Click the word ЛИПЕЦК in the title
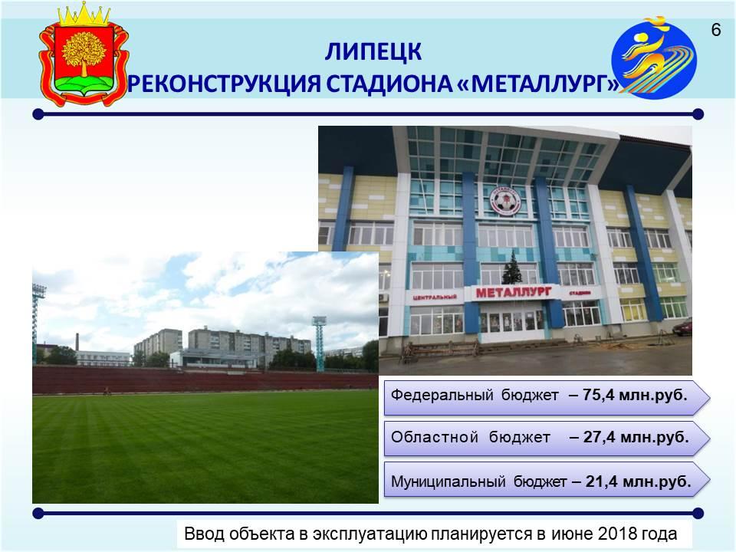373,51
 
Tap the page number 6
716,30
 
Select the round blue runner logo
654,58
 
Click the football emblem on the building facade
505,201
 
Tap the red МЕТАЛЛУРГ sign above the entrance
514,292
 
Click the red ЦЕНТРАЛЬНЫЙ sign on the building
435,297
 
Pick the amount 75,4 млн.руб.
635,396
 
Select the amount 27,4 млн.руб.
636,438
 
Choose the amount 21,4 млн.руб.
639,481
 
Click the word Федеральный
442,396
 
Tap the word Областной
435,438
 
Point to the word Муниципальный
449,481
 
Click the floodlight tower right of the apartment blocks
319,343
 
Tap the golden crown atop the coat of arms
84,14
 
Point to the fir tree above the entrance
512,268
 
